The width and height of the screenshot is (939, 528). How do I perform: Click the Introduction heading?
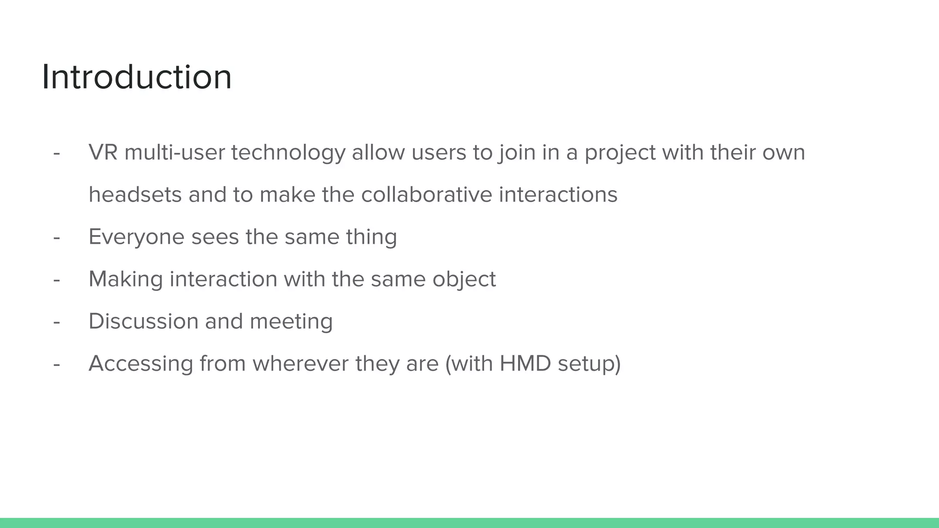coord(137,77)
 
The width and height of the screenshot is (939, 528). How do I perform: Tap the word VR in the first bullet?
coord(103,153)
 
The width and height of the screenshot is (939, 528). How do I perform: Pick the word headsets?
coord(135,195)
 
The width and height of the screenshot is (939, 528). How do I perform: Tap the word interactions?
coord(558,195)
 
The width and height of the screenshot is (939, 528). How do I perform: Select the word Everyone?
coord(136,237)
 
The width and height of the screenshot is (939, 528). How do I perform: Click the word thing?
coord(371,237)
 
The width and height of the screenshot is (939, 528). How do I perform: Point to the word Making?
coord(126,280)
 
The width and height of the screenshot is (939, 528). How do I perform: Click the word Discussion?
coord(143,321)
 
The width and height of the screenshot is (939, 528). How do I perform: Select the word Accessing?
coord(141,364)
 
